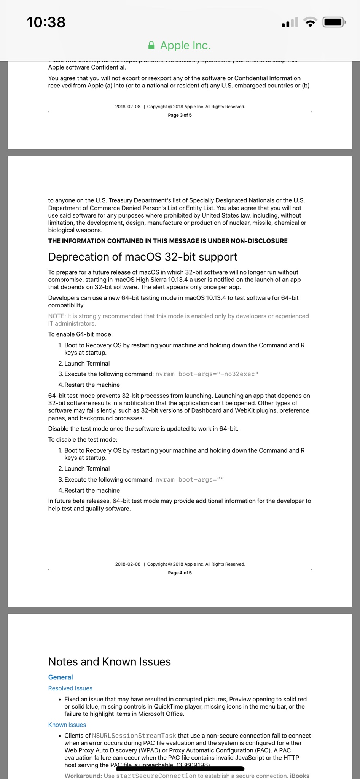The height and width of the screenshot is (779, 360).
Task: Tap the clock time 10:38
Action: [46, 22]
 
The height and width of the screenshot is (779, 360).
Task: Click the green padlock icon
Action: [151, 46]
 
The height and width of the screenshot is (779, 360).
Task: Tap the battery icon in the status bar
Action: [333, 22]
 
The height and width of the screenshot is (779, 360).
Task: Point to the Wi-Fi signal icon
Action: [311, 23]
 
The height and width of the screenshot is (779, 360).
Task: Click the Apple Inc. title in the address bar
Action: [185, 46]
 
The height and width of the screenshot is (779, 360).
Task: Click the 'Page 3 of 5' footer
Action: [180, 115]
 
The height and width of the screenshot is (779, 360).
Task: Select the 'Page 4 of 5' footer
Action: [180, 573]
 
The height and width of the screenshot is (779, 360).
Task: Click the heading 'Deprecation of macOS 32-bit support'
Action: [143, 257]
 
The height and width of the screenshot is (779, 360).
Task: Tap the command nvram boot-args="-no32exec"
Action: [207, 374]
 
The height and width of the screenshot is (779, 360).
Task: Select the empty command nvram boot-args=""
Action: [190, 480]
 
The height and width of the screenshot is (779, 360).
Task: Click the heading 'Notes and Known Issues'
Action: [109, 661]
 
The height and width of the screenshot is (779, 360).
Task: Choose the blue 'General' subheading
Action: [61, 677]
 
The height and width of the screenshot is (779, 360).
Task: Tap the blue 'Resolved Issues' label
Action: [70, 688]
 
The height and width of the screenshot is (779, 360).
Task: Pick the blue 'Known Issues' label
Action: [67, 725]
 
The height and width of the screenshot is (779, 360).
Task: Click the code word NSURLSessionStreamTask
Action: [134, 736]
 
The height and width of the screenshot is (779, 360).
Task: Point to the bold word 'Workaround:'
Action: [83, 776]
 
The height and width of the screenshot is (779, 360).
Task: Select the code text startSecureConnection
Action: [156, 776]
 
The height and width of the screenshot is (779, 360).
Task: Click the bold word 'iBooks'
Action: [299, 776]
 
